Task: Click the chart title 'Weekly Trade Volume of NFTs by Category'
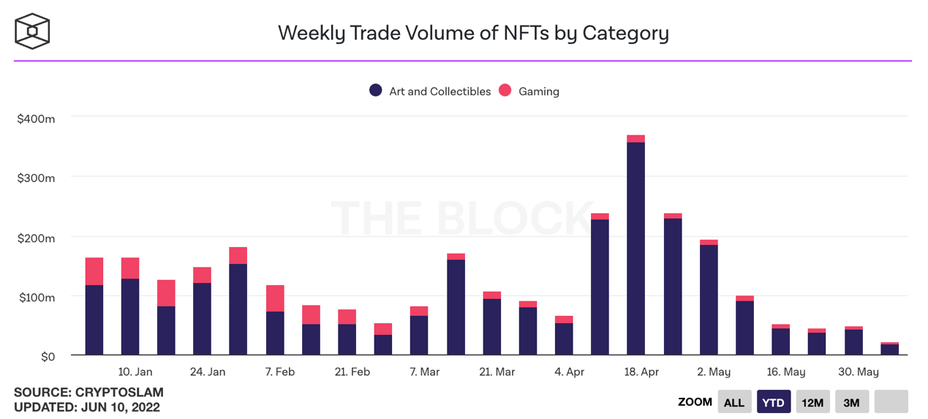click(x=473, y=33)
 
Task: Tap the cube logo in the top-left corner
click(x=32, y=31)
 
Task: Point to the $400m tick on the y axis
click(x=36, y=118)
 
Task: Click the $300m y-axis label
click(x=36, y=178)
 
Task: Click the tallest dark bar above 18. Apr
click(x=635, y=249)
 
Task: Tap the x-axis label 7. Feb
click(x=279, y=372)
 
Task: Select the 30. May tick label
click(x=858, y=372)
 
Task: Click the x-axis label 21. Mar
click(x=497, y=372)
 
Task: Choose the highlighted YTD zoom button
click(x=773, y=402)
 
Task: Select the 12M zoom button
click(x=812, y=402)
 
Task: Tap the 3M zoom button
click(x=851, y=402)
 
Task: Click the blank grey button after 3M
click(x=891, y=402)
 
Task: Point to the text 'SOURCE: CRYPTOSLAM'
click(x=88, y=393)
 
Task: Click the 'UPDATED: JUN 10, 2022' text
click(x=87, y=407)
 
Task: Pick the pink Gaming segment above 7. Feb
click(x=275, y=298)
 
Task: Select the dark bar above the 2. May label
click(x=708, y=300)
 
